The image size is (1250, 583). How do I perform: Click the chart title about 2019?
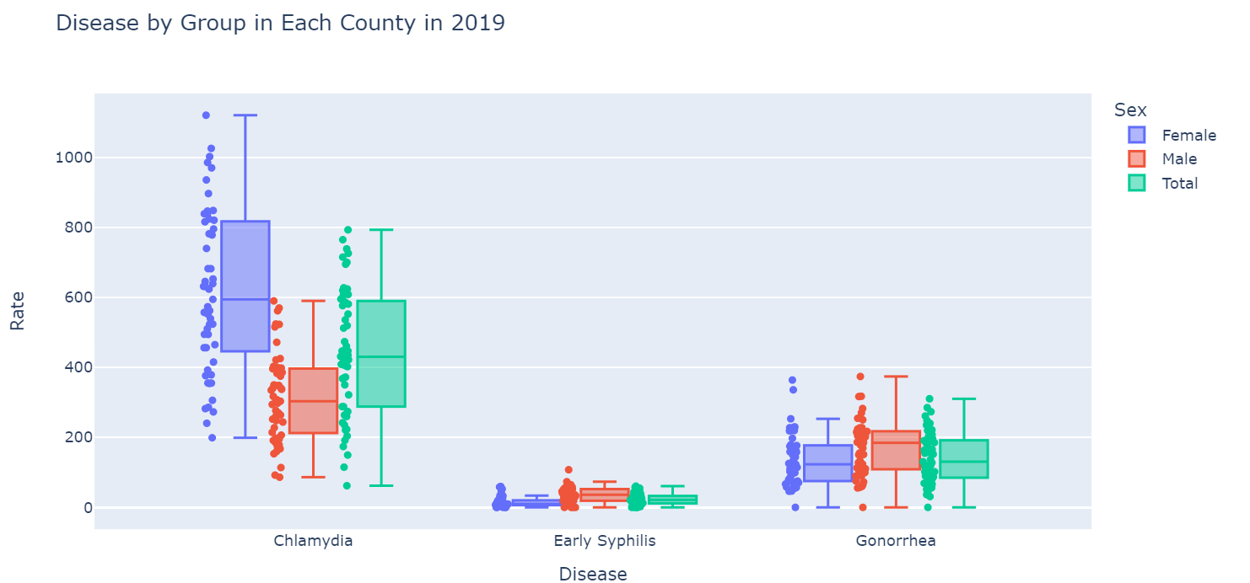click(x=280, y=24)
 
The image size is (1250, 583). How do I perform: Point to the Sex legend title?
click(x=1129, y=110)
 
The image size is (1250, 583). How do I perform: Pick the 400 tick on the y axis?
click(x=68, y=367)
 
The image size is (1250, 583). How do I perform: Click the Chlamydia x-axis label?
click(x=313, y=541)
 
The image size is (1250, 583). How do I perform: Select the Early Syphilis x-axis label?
click(x=604, y=541)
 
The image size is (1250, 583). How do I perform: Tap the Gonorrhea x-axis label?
click(x=896, y=541)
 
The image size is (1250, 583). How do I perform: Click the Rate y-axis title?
click(x=17, y=310)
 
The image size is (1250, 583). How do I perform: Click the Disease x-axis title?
click(x=593, y=575)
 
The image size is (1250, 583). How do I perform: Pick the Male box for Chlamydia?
click(x=313, y=400)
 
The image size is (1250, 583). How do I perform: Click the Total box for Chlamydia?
click(x=381, y=354)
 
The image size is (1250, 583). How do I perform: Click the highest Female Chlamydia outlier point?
click(x=206, y=115)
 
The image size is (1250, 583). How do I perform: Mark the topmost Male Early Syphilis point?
click(x=568, y=470)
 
